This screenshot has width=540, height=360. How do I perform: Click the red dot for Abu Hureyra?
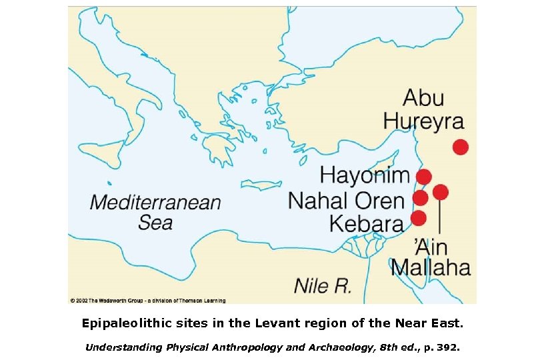[460, 147]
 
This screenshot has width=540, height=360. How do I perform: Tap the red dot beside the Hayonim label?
[423, 176]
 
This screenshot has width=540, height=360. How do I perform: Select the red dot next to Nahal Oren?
[420, 198]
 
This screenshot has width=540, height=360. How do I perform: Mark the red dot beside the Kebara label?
[418, 218]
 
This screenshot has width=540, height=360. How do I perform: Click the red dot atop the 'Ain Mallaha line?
[440, 192]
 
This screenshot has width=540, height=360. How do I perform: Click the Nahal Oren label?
[346, 200]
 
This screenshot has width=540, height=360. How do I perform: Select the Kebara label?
[367, 223]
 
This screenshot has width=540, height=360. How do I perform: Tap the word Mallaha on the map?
[431, 267]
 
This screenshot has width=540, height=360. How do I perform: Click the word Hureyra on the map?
[433, 121]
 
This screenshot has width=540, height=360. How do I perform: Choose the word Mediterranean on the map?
[155, 202]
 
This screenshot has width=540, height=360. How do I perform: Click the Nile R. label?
[323, 287]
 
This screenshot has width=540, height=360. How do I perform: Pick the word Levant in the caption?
[307, 323]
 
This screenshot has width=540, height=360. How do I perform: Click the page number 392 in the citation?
[449, 347]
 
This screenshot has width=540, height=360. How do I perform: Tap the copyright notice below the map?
[147, 301]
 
